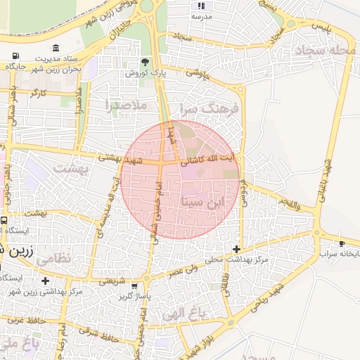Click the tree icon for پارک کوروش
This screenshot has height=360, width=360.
click(146, 62)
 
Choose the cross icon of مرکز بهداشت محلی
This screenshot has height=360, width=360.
click(237, 249)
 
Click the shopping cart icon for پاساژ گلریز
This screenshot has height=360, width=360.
click(134, 286)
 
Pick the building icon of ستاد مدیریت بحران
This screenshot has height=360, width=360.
click(56, 47)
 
